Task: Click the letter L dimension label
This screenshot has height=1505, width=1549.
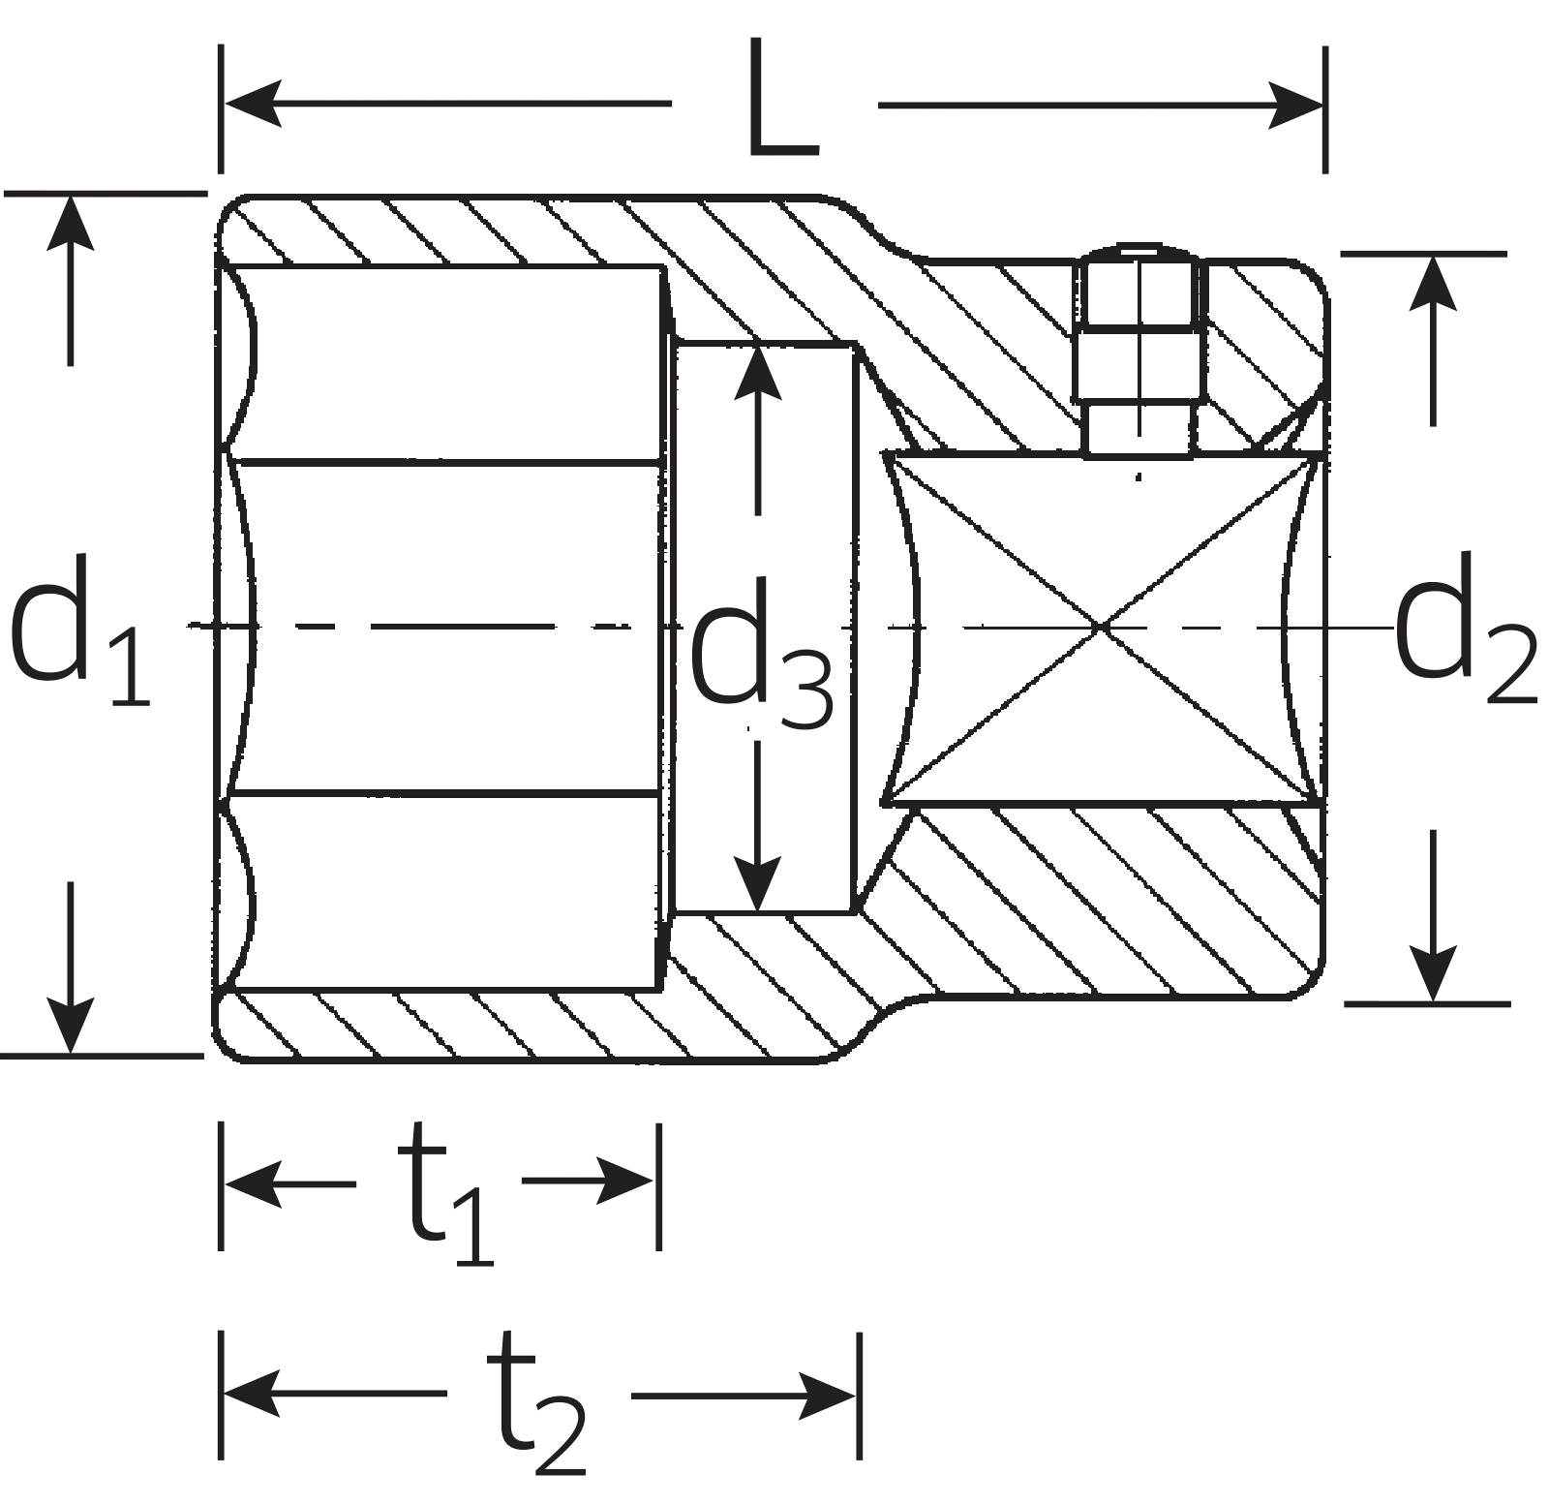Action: (x=782, y=102)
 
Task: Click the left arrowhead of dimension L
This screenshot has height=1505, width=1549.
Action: (x=250, y=103)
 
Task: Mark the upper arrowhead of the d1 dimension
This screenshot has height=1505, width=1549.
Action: (x=70, y=223)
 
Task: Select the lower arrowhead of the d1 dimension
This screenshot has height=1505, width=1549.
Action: (x=70, y=1025)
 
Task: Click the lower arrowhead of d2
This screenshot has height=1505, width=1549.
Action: (x=1432, y=974)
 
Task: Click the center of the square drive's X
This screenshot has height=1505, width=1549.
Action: (x=1102, y=628)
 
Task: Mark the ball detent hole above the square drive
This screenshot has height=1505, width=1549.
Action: (x=1139, y=349)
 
